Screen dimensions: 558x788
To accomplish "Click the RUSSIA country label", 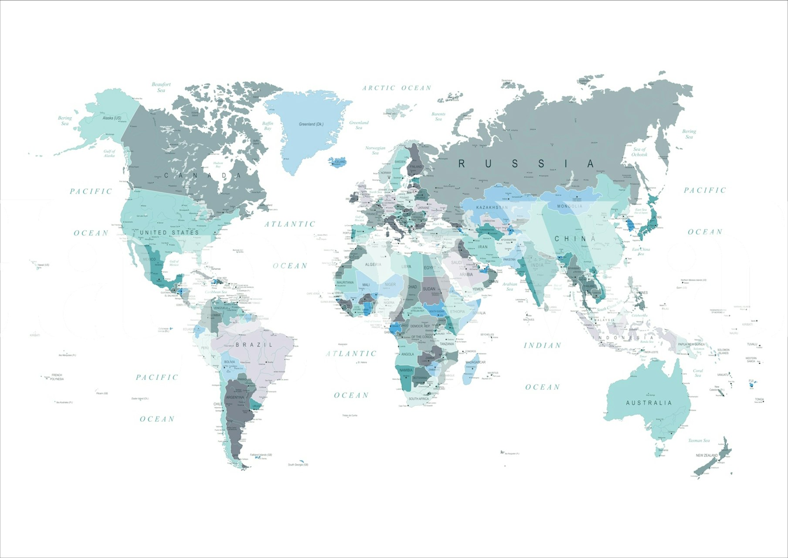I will coord(526,163).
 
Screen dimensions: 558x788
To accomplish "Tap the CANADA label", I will coord(203,176).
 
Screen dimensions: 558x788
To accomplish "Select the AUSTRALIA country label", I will coord(649,403).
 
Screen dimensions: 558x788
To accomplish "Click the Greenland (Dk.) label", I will coord(311,124).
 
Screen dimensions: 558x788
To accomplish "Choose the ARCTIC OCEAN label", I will coord(397,88).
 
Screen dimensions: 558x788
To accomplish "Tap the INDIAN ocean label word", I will coord(542,346).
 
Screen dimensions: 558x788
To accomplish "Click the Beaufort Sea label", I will coord(161,87).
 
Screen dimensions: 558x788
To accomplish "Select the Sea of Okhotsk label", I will coord(639,152).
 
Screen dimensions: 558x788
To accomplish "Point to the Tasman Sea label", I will coord(699,440).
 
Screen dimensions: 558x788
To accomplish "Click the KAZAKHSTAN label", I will coord(492,208).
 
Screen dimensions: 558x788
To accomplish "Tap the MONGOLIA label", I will coord(570,206).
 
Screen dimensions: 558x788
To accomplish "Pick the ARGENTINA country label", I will coord(235,398).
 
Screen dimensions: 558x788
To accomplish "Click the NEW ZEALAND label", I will coord(706,455).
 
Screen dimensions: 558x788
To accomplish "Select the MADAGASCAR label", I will coord(476,362).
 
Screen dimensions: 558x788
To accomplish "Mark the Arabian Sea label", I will coord(509,286).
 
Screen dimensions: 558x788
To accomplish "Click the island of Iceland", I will coord(339,161).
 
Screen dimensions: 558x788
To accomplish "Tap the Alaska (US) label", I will coord(112,118).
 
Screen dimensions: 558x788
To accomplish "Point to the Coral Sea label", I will coord(698,373).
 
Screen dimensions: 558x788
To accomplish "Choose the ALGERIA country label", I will coord(373,265).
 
